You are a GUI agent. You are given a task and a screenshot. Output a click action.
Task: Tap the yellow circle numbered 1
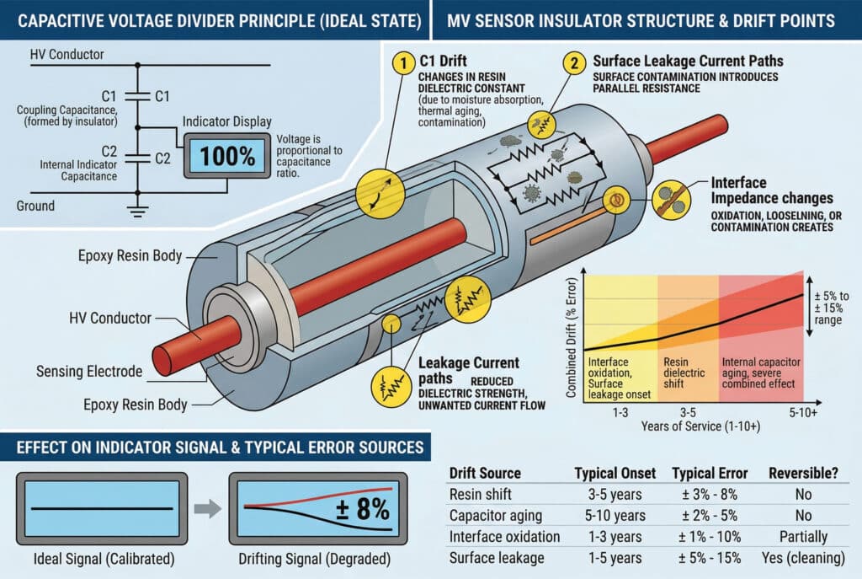[406, 62]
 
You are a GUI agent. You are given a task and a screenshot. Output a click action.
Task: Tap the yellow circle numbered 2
[574, 62]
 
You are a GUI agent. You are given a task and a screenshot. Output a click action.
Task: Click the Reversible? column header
[803, 473]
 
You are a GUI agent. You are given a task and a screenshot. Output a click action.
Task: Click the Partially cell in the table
[803, 536]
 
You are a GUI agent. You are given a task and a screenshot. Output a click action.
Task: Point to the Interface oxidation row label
[504, 536]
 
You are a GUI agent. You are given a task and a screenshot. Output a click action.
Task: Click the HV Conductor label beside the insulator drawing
[111, 319]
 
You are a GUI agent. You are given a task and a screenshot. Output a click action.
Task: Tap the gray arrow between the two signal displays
[207, 508]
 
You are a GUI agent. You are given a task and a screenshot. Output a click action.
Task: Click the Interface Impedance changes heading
[772, 190]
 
